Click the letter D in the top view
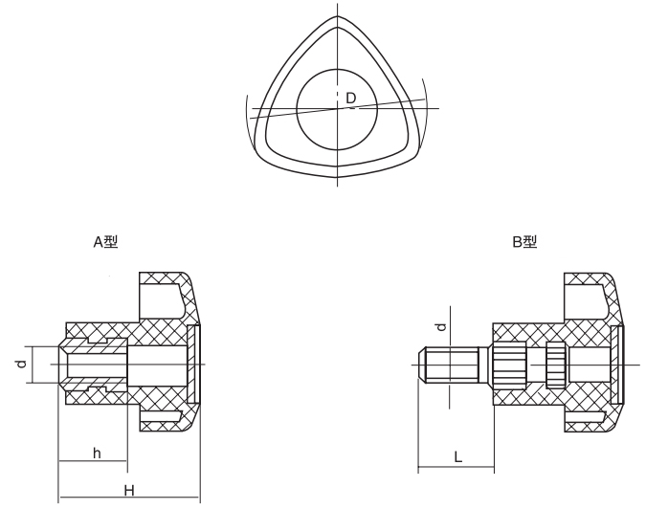click(x=351, y=98)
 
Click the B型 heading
click(x=524, y=242)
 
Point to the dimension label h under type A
click(x=97, y=453)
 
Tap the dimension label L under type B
click(x=458, y=458)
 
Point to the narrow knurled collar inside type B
click(x=555, y=365)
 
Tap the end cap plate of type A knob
click(x=196, y=365)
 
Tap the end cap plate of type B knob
click(x=617, y=365)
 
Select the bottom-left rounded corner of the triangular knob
click(x=263, y=148)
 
